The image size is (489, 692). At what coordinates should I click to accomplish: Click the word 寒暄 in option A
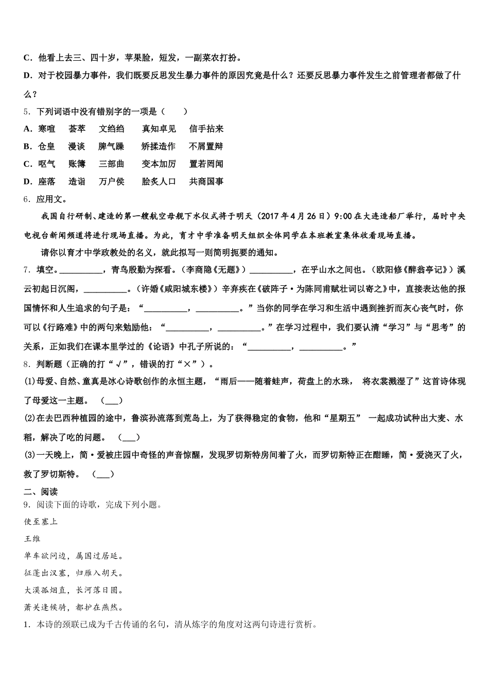pos(46,129)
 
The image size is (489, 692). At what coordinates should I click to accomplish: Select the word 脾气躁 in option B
pos(111,146)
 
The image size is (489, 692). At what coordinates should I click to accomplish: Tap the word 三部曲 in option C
pos(112,164)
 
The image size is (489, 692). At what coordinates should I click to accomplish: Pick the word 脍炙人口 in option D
pos(159,181)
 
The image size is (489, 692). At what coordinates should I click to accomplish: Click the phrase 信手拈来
pos(206,129)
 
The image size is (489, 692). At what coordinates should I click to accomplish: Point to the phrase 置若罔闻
pos(206,164)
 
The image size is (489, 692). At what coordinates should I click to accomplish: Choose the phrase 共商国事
pos(206,181)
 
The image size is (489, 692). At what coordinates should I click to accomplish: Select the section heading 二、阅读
pos(41,492)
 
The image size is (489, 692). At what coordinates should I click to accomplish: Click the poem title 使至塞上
pos(41,522)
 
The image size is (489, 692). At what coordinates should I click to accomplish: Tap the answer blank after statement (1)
pos(112,401)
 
